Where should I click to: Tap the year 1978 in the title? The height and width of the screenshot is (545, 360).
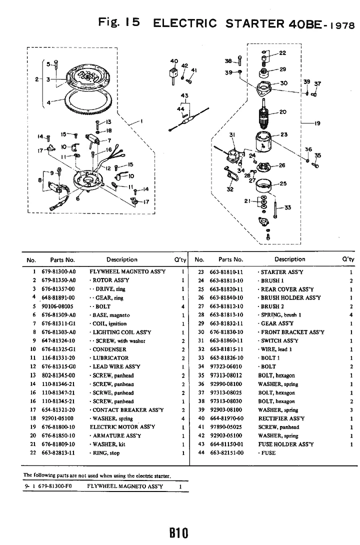tap(341, 25)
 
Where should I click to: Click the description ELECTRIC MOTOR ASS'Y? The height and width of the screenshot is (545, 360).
tap(122, 427)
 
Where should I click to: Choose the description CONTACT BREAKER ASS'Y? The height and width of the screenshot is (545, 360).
tap(126, 409)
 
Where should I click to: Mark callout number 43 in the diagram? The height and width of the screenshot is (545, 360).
tap(184, 95)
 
